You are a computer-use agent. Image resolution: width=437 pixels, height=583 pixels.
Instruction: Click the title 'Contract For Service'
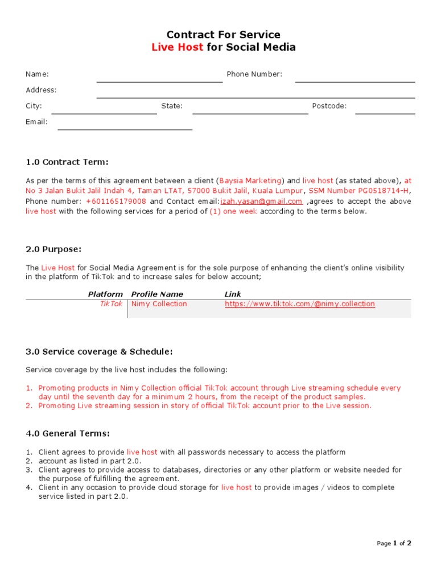(x=223, y=35)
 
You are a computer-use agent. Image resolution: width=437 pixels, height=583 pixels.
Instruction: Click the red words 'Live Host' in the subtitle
(x=177, y=47)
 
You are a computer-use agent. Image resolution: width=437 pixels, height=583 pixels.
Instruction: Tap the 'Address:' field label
(x=41, y=90)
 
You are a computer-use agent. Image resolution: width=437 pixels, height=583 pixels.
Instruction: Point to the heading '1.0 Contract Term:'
(x=67, y=162)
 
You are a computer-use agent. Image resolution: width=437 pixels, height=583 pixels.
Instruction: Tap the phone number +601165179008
(x=116, y=202)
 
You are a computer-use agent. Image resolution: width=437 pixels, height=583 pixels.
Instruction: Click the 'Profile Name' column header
(x=157, y=294)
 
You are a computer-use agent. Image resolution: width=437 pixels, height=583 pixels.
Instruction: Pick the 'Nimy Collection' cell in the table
(x=159, y=304)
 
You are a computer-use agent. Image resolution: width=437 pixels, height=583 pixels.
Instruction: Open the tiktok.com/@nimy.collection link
(x=300, y=304)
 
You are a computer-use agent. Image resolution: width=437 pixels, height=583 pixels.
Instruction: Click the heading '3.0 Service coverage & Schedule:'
(x=99, y=351)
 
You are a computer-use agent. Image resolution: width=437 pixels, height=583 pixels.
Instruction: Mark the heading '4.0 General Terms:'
(x=68, y=434)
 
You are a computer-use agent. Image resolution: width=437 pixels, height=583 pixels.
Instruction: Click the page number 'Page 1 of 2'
(x=394, y=543)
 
